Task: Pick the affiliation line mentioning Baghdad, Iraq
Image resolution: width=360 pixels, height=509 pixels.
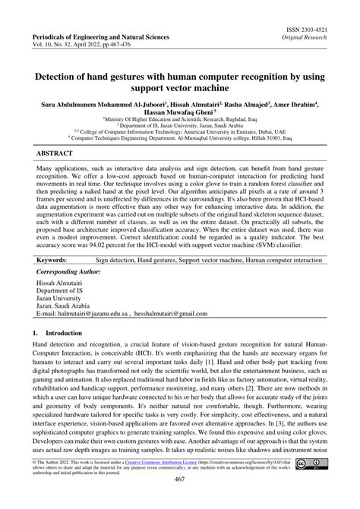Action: [180, 119]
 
